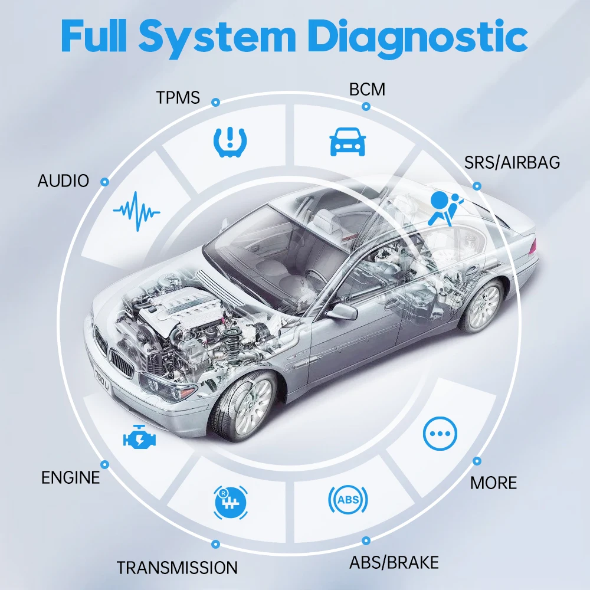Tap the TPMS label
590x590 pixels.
[179, 97]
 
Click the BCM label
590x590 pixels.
[367, 89]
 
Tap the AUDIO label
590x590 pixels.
[63, 181]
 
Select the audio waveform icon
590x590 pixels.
[136, 208]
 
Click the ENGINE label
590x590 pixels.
[71, 477]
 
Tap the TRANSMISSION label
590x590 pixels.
[177, 568]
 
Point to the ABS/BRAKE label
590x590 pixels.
[394, 562]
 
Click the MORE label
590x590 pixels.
[493, 483]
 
